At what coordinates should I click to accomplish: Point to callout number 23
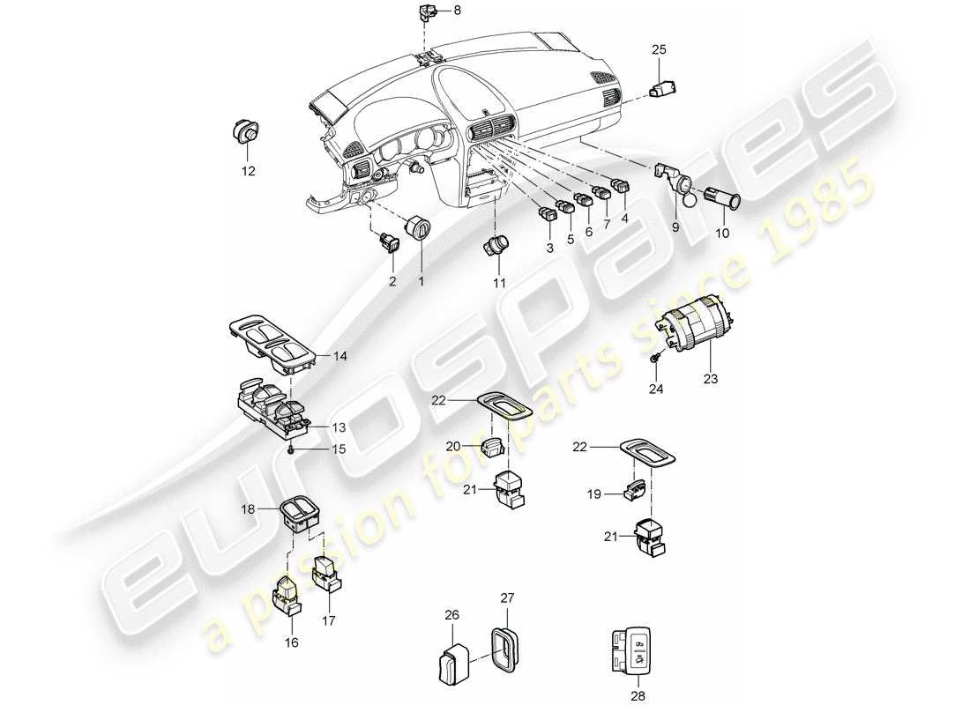(x=711, y=380)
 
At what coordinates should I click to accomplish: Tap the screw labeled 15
(x=291, y=449)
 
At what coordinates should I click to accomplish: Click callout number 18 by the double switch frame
(x=248, y=508)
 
